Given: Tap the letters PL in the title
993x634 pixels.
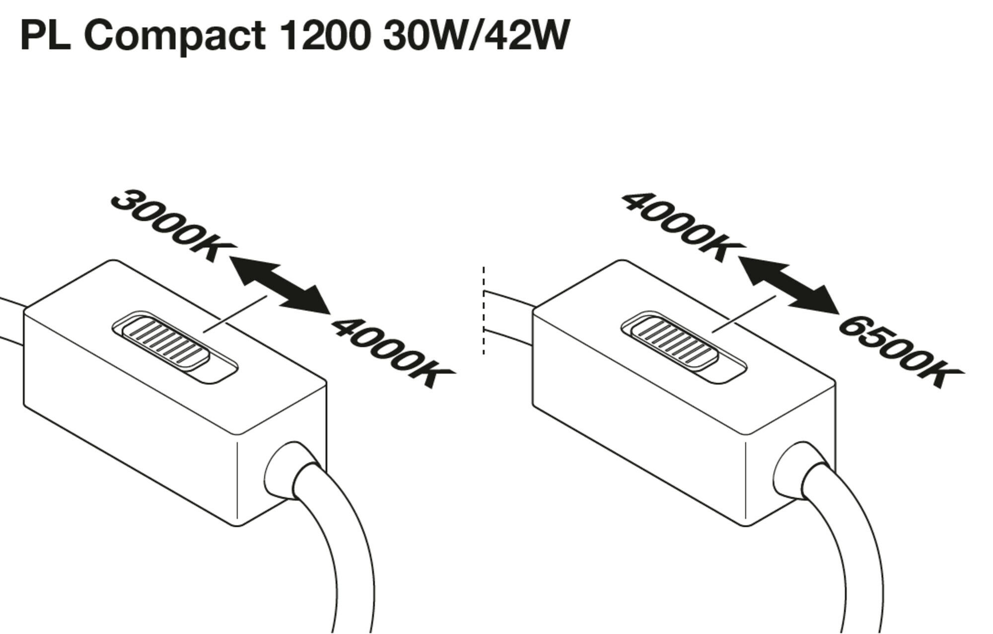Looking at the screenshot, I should coord(45,36).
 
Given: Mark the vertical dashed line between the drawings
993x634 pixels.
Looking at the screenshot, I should coord(484,311).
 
